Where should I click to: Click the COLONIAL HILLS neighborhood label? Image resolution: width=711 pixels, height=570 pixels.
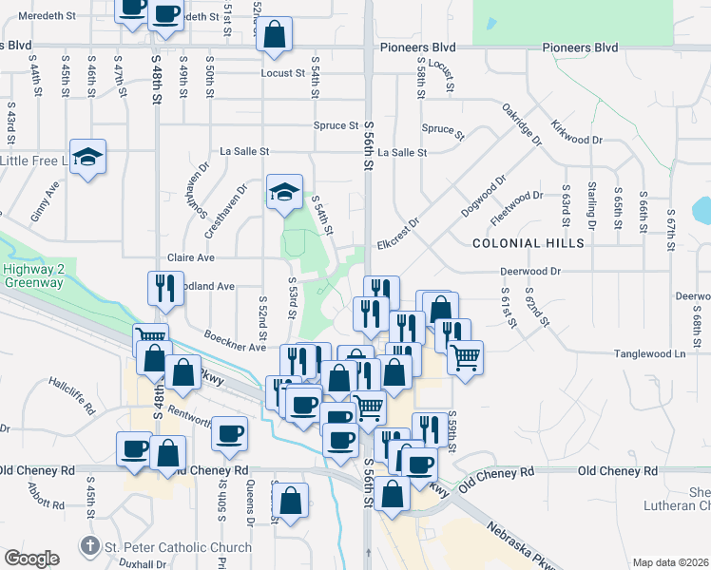(528, 243)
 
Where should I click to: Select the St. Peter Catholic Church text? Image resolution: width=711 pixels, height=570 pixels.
(178, 547)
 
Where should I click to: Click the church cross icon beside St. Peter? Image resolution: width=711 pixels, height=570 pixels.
(89, 546)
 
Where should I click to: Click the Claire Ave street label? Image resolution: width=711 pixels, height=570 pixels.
(191, 257)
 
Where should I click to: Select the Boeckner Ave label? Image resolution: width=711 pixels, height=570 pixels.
(235, 341)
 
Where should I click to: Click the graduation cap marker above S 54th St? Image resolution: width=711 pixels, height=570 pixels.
(284, 193)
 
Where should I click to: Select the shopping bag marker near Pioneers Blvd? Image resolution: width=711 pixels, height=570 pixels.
(274, 35)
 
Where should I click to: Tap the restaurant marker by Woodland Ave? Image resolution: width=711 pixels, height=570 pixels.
(165, 289)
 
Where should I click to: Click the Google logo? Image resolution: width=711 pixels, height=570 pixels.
(31, 559)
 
